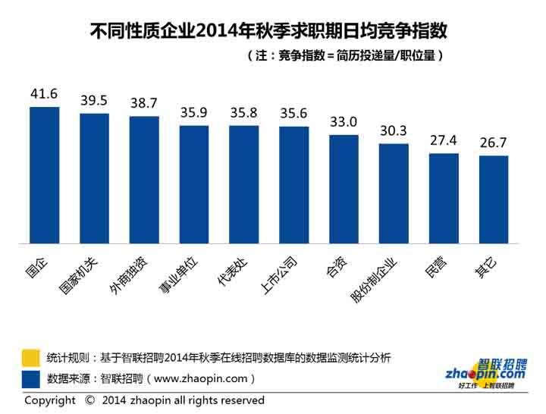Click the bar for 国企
(x=44, y=175)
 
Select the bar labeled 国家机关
(x=94, y=178)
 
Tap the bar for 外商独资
(x=144, y=180)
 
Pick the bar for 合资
(x=344, y=190)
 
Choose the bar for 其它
(x=493, y=199)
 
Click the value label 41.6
(x=44, y=94)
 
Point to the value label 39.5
(x=94, y=101)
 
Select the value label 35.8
(x=244, y=112)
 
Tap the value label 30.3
(x=394, y=130)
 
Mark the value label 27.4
(x=444, y=141)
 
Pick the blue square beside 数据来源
(x=31, y=378)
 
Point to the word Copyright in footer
(x=50, y=400)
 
